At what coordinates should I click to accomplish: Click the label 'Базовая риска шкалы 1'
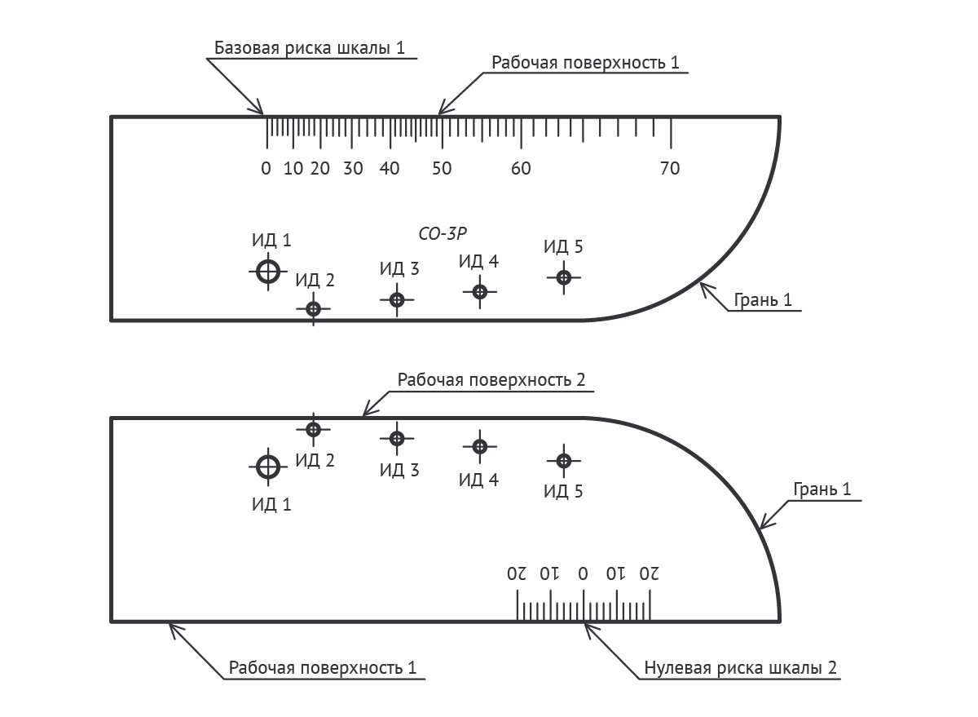point(310,47)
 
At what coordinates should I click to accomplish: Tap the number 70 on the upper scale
point(670,169)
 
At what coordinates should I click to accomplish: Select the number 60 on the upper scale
point(521,169)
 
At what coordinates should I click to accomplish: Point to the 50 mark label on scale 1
point(441,169)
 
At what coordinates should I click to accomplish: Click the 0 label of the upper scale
point(266,169)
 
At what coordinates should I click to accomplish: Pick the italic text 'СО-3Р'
point(442,233)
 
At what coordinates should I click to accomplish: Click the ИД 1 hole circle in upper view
point(267,271)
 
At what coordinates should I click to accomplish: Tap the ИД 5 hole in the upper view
point(563,277)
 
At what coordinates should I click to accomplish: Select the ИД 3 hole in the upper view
point(397,300)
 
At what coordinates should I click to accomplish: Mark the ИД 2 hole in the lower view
point(314,429)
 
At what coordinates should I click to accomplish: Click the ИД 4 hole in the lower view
point(480,446)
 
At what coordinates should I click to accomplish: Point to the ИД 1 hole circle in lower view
point(267,467)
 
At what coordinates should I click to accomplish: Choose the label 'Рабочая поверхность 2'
point(491,380)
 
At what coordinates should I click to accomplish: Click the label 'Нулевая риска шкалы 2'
point(740,668)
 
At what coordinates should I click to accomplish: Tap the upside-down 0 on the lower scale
point(584,573)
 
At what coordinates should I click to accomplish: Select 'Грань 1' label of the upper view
point(763,300)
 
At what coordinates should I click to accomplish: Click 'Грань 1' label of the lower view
point(822,489)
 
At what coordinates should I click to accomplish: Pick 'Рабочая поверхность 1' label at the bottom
point(323,668)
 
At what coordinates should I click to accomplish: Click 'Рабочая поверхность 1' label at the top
point(585,63)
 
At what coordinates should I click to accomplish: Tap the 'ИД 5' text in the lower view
point(563,491)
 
